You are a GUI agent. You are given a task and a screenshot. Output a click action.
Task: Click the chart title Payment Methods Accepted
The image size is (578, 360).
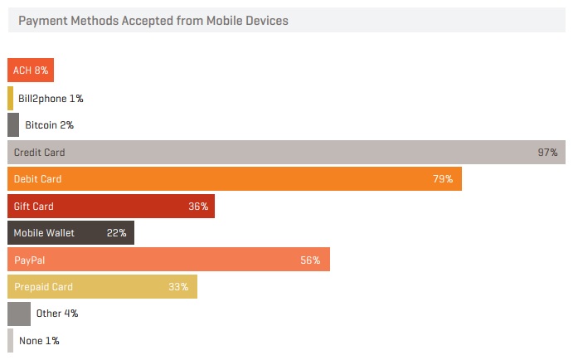point(153,21)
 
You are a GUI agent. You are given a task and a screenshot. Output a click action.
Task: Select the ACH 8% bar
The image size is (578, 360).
point(31,71)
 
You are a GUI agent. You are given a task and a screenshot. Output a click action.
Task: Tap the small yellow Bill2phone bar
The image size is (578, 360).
point(11,98)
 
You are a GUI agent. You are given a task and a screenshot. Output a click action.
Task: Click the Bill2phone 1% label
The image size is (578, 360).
point(51,99)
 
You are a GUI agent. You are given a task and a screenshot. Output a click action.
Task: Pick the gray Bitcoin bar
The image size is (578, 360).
point(13,125)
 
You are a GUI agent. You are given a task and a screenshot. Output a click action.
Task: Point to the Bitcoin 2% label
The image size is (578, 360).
point(50,125)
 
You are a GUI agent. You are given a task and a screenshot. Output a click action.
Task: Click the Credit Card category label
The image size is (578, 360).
point(39,153)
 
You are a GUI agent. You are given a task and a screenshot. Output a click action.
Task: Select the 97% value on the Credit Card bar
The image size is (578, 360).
point(547,153)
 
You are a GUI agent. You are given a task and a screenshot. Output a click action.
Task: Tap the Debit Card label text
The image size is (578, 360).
point(37,179)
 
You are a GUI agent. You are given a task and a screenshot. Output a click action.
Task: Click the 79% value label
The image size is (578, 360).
point(443,179)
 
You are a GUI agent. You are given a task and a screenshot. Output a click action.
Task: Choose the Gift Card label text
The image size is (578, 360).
point(33,207)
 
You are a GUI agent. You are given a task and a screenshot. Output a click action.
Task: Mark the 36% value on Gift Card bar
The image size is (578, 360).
point(198,207)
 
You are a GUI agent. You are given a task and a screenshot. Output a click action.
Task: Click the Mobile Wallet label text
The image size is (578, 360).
point(44,233)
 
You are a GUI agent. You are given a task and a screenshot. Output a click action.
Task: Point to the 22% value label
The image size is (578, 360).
point(117,233)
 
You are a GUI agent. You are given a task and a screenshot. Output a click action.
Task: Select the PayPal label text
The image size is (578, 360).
point(29,260)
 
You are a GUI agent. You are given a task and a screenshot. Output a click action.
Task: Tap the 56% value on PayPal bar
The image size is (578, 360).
point(310,260)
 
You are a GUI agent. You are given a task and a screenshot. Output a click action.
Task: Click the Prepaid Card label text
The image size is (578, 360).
point(43,287)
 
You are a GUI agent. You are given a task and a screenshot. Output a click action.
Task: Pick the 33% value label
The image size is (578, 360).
point(178,287)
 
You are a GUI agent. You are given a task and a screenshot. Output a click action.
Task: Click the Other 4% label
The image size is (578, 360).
point(57,314)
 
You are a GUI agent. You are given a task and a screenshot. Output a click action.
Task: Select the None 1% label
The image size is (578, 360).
point(39,341)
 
